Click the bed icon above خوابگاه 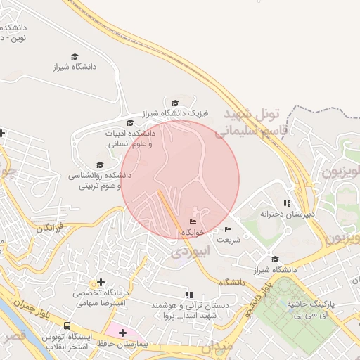(193, 222)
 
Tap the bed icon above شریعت (227, 229)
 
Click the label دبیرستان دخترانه (287, 213)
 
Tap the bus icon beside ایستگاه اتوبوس (67, 326)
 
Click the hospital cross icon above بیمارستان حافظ (122, 332)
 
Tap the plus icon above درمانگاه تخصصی (101, 282)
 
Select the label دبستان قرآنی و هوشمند (189, 310)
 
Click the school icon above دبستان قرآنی (188, 295)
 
